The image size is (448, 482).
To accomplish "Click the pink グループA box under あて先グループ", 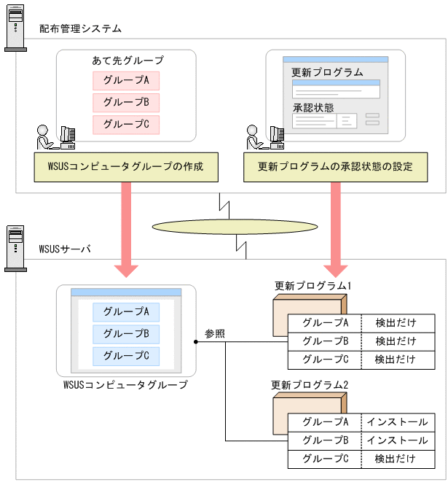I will [x=126, y=80].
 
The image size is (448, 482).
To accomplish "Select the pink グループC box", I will [x=126, y=124].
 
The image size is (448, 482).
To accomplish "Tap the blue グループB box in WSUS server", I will [x=126, y=333].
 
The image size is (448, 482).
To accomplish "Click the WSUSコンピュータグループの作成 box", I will [x=126, y=167].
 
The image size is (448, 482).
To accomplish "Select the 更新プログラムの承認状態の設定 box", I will [x=335, y=167].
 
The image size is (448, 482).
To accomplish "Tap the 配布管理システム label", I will [x=80, y=29].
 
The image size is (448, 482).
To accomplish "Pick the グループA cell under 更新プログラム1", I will [x=325, y=322].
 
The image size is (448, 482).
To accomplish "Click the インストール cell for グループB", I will [x=397, y=440].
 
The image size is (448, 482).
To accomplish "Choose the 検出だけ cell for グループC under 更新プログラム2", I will [x=397, y=459].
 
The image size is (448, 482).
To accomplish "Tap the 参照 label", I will [x=215, y=333].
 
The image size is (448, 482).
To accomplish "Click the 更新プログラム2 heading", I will [x=310, y=384].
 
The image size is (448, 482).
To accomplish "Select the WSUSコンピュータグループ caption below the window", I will [x=125, y=384].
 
